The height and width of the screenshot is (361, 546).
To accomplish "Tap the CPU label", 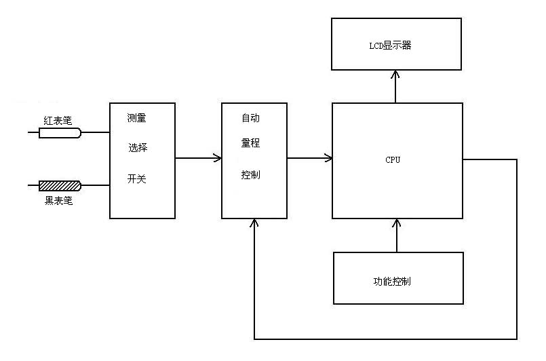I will point(393,160).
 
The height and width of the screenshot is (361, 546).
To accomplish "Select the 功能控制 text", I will point(391,281).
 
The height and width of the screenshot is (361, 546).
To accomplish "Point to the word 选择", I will point(138,147).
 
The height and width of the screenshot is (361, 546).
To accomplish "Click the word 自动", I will point(250,118).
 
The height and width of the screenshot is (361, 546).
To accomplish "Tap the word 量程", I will point(250,143).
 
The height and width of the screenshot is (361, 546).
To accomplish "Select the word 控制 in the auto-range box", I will point(250,174).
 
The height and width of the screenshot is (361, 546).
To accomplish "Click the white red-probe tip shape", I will point(60,133).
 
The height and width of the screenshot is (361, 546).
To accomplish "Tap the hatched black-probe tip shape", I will point(60,185).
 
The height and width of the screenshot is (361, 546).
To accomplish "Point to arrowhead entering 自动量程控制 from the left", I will point(218,159).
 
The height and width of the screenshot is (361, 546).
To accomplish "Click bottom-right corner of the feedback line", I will point(517,339).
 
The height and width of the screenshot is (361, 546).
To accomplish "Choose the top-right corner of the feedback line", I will point(517,160).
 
